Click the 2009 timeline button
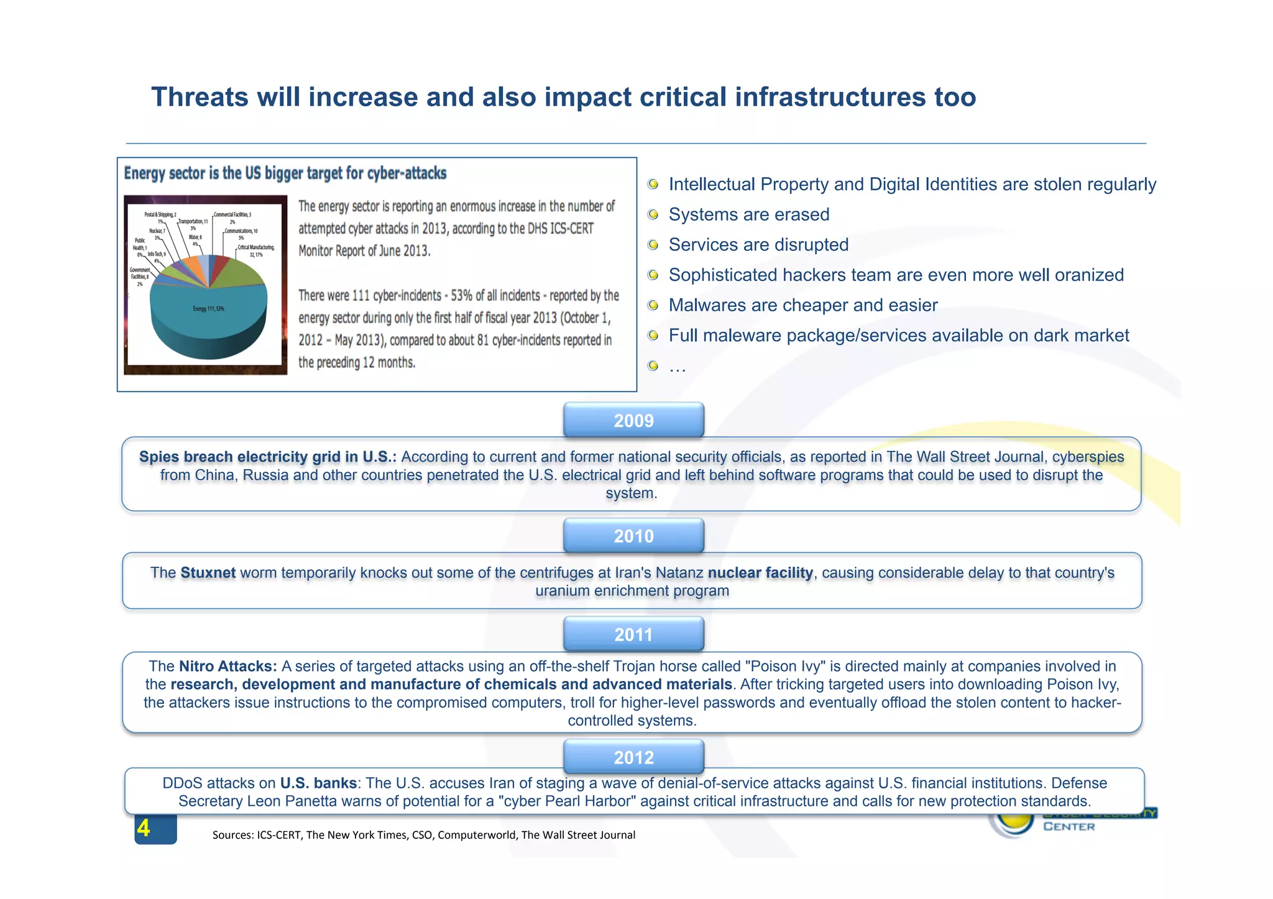(x=633, y=421)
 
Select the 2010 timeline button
(x=633, y=536)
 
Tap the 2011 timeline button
(x=633, y=634)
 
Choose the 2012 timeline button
(x=633, y=757)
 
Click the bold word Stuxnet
(x=208, y=572)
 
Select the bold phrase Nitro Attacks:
(x=227, y=666)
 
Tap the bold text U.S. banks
(x=318, y=783)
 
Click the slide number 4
(x=144, y=828)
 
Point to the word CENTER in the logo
(x=1069, y=826)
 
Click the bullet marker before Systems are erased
(x=653, y=214)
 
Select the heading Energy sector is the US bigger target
(x=285, y=173)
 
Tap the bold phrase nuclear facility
(x=760, y=572)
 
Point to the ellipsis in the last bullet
(x=677, y=367)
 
